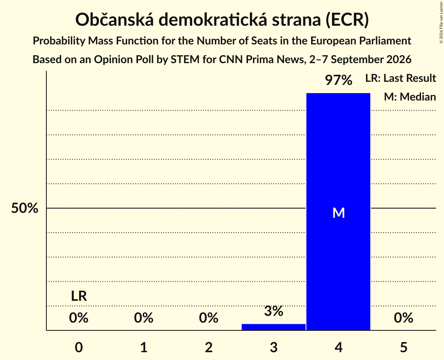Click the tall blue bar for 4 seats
pyautogui.click(x=338, y=212)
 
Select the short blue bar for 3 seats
pyautogui.click(x=274, y=327)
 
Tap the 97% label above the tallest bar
pyautogui.click(x=338, y=80)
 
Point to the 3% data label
pyautogui.click(x=274, y=311)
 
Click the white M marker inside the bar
pyautogui.click(x=338, y=213)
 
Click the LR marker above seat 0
pyautogui.click(x=79, y=296)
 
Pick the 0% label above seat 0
pyautogui.click(x=79, y=318)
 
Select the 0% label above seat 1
pyautogui.click(x=143, y=318)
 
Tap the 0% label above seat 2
pyautogui.click(x=209, y=318)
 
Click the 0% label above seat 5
pyautogui.click(x=403, y=318)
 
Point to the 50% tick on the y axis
pyautogui.click(x=25, y=208)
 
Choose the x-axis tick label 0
pyautogui.click(x=79, y=347)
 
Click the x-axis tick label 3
pyautogui.click(x=274, y=347)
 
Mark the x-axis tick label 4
pyautogui.click(x=338, y=347)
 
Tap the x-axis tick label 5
pyautogui.click(x=403, y=347)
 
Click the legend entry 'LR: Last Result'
pyautogui.click(x=400, y=78)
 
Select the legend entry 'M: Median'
pyautogui.click(x=410, y=97)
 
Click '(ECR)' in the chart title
pyautogui.click(x=347, y=20)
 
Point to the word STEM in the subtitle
pyautogui.click(x=185, y=60)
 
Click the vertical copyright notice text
pyautogui.click(x=441, y=22)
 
